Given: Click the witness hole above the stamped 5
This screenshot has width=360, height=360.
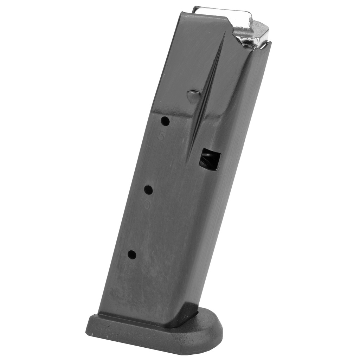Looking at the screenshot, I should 165,122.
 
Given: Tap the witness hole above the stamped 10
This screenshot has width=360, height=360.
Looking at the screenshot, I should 148,190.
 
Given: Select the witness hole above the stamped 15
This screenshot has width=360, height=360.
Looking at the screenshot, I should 132,255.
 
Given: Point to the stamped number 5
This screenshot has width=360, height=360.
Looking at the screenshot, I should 161,136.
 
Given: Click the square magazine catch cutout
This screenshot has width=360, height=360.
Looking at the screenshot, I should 210,159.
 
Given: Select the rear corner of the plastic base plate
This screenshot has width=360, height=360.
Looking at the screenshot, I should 89,330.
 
